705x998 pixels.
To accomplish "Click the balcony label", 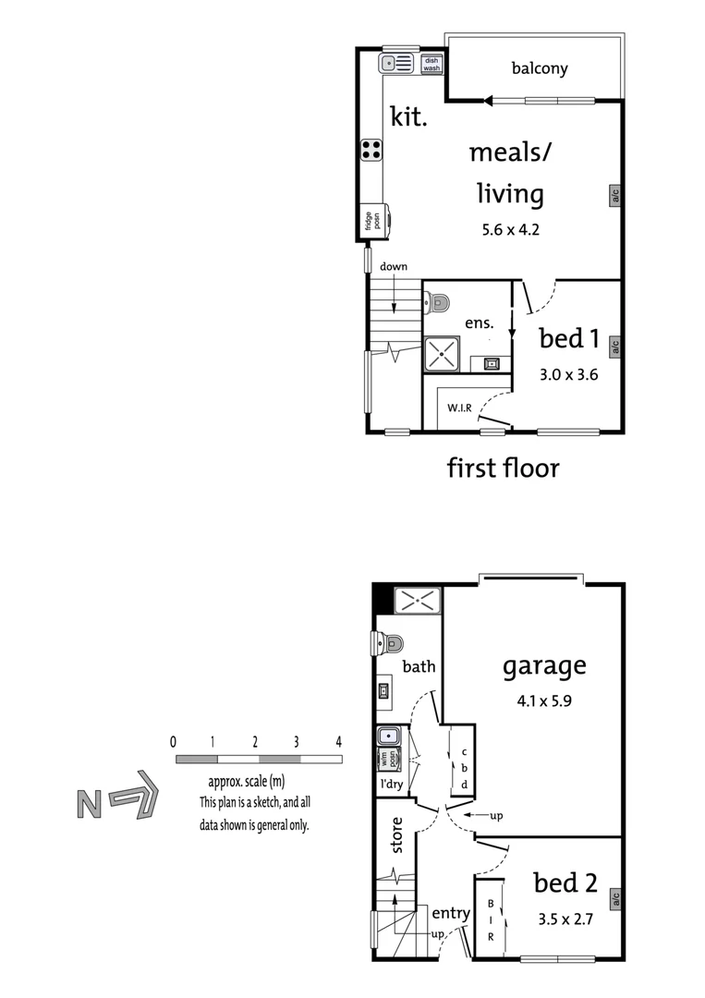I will [540, 68].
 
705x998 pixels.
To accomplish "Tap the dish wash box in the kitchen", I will [432, 64].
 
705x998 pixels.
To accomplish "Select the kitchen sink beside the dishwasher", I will [399, 63].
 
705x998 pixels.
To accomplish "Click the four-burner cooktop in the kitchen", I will [371, 151].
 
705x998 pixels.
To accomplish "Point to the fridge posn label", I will [371, 221].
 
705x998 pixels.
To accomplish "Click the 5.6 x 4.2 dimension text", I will [510, 230].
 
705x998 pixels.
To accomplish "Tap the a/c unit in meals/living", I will [614, 195].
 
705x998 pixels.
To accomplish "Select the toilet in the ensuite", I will [438, 302].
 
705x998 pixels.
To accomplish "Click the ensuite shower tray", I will [441, 354].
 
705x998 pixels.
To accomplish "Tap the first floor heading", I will [504, 468].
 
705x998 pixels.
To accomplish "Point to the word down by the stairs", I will [394, 267].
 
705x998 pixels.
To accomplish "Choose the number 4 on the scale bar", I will [339, 741].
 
